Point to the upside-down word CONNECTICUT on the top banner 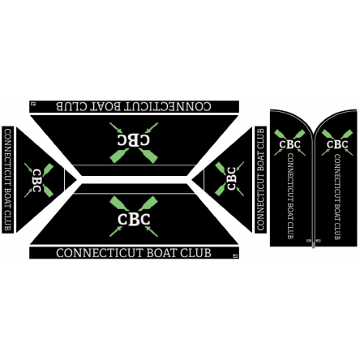pyautogui.click(x=168, y=106)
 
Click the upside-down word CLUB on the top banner pyautogui.click(x=72, y=106)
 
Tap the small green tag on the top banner pyautogui.click(x=33, y=103)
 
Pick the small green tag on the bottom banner pyautogui.click(x=235, y=255)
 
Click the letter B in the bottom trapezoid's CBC pyautogui.click(x=134, y=220)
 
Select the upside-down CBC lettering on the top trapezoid pyautogui.click(x=134, y=140)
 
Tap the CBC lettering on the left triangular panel pyautogui.click(x=36, y=181)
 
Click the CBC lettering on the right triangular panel pyautogui.click(x=232, y=178)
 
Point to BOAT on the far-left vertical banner pyautogui.click(x=8, y=199)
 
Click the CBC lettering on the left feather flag pyautogui.click(x=290, y=144)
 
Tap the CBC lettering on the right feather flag pyautogui.click(x=337, y=144)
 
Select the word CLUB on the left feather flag pyautogui.click(x=290, y=230)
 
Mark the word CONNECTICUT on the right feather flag pyautogui.click(x=337, y=177)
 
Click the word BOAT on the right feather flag pyautogui.click(x=337, y=212)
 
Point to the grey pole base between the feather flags pyautogui.click(x=314, y=243)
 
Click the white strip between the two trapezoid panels pyautogui.click(x=134, y=180)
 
